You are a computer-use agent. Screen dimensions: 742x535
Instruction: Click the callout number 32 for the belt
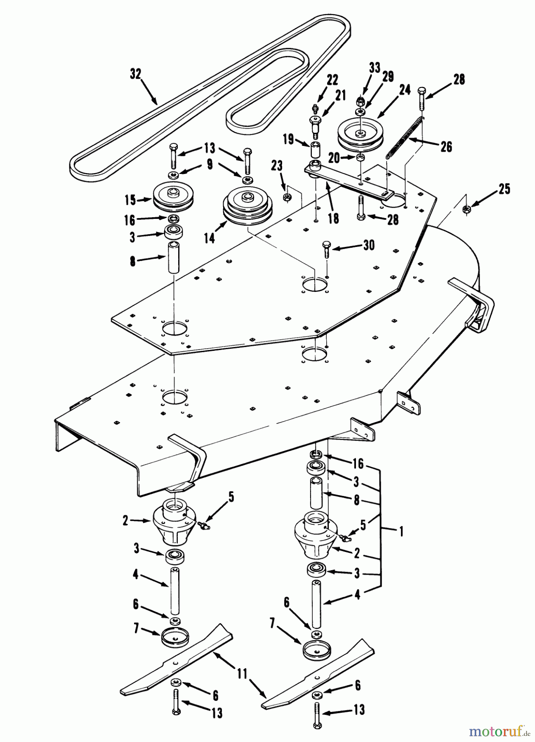(x=135, y=75)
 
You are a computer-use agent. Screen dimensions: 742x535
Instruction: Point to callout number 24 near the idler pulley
(x=405, y=90)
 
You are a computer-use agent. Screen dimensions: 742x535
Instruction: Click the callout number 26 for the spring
(x=446, y=147)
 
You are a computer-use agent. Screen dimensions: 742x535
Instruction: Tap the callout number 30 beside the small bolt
(x=369, y=245)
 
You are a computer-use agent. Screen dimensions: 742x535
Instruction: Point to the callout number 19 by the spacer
(x=289, y=139)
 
